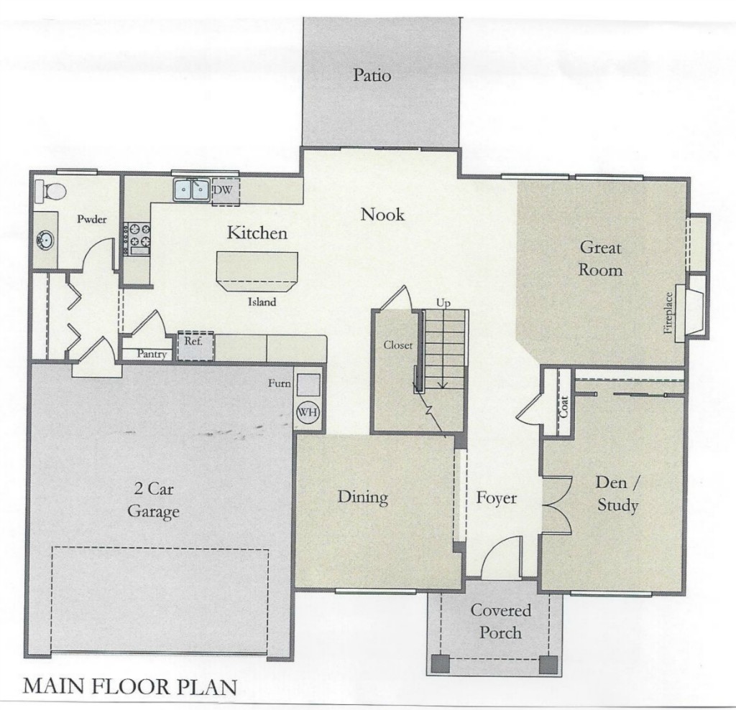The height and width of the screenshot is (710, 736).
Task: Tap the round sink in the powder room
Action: click(45, 240)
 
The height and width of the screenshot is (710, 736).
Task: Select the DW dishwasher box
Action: click(225, 192)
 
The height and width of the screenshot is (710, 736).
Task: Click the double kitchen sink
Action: click(191, 190)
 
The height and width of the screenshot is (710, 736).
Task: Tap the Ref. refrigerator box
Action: click(195, 346)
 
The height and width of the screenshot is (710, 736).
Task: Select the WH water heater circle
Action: click(308, 412)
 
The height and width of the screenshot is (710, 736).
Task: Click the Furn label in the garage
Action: click(280, 383)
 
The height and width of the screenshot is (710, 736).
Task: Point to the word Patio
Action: click(372, 75)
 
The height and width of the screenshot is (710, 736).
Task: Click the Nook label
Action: click(382, 215)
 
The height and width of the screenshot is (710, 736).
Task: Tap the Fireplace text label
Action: click(668, 313)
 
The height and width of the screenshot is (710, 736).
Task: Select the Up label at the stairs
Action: click(443, 303)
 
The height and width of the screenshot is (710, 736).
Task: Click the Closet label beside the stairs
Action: click(398, 345)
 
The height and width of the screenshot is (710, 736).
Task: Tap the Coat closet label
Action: click(563, 406)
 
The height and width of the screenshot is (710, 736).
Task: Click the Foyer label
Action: click(497, 498)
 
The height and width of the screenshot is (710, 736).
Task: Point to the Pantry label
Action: click(152, 354)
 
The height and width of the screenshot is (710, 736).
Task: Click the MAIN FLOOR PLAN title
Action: click(129, 686)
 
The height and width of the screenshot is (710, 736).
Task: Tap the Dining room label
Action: click(363, 498)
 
